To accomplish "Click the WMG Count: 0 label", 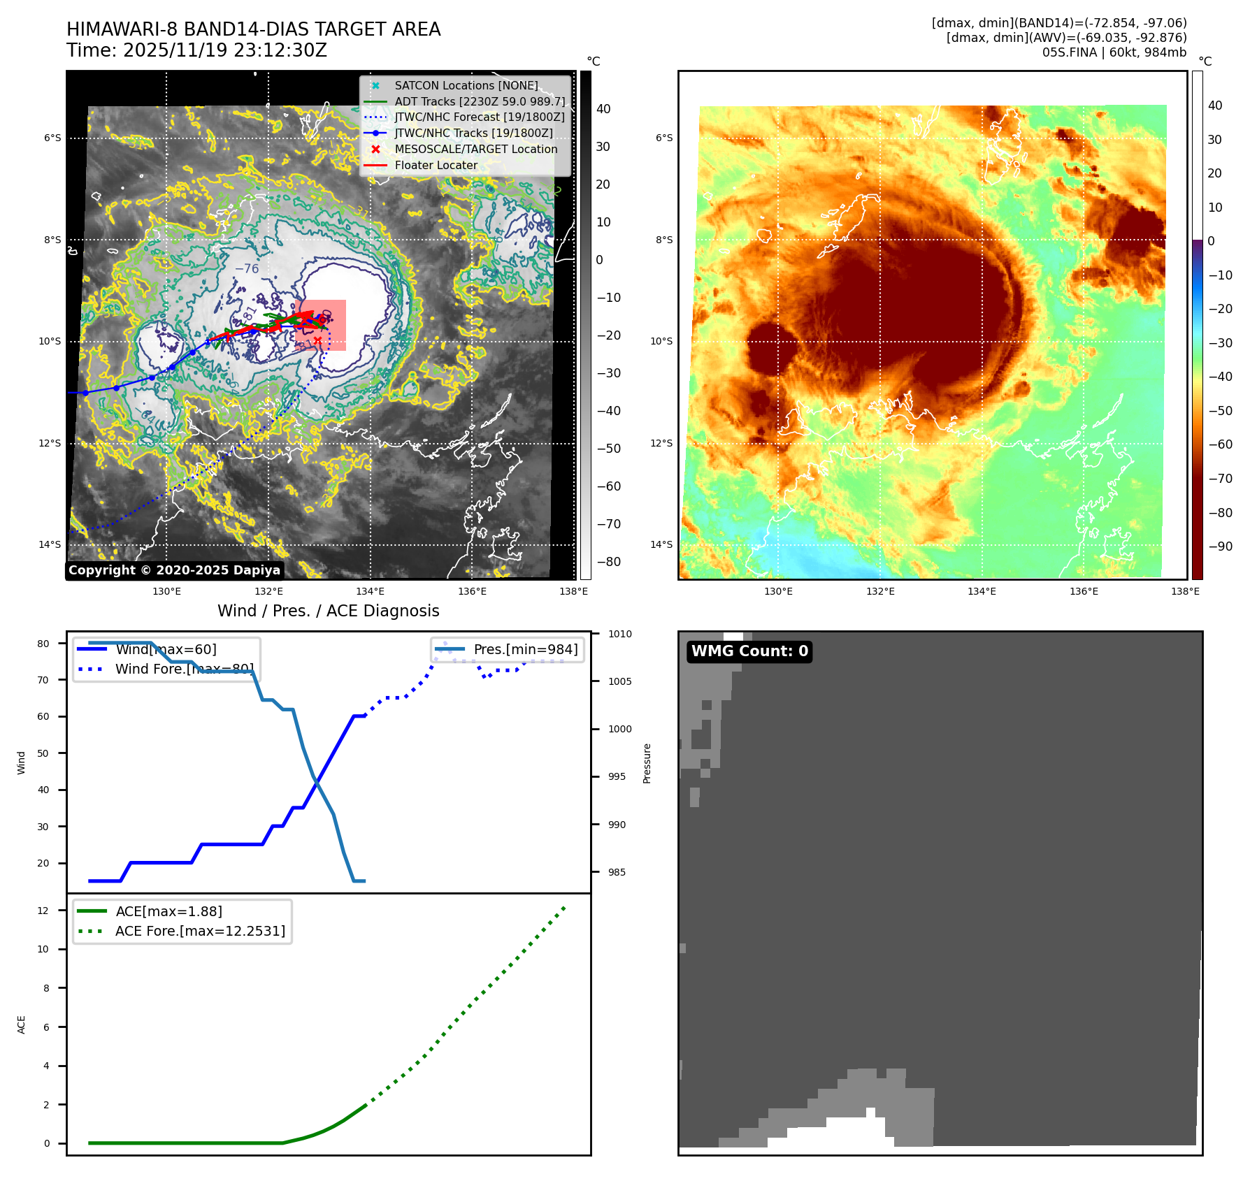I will click(x=749, y=651).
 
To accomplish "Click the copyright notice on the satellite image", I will click(x=174, y=570).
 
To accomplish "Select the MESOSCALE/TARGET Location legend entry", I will click(x=475, y=149).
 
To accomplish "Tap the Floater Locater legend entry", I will click(x=436, y=165).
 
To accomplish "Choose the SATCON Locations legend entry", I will click(x=466, y=85).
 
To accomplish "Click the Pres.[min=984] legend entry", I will click(x=525, y=649).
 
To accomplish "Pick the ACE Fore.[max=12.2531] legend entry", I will click(x=200, y=931).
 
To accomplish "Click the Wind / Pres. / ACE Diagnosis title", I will click(x=328, y=611).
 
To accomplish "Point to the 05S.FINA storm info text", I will click(x=1114, y=52).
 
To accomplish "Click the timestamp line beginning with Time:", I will click(x=196, y=50).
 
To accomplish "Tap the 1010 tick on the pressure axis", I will click(x=619, y=634).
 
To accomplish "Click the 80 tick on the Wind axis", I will click(x=44, y=644).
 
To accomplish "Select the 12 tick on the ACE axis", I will click(x=43, y=911).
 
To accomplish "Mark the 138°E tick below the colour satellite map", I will click(x=1185, y=591).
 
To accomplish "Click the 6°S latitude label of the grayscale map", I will click(x=52, y=138).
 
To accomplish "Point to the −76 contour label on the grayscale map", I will click(x=247, y=268).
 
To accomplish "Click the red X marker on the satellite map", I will click(x=317, y=340).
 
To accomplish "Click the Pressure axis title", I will click(x=647, y=763).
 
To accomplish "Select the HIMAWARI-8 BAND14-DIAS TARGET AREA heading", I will click(x=253, y=29).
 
